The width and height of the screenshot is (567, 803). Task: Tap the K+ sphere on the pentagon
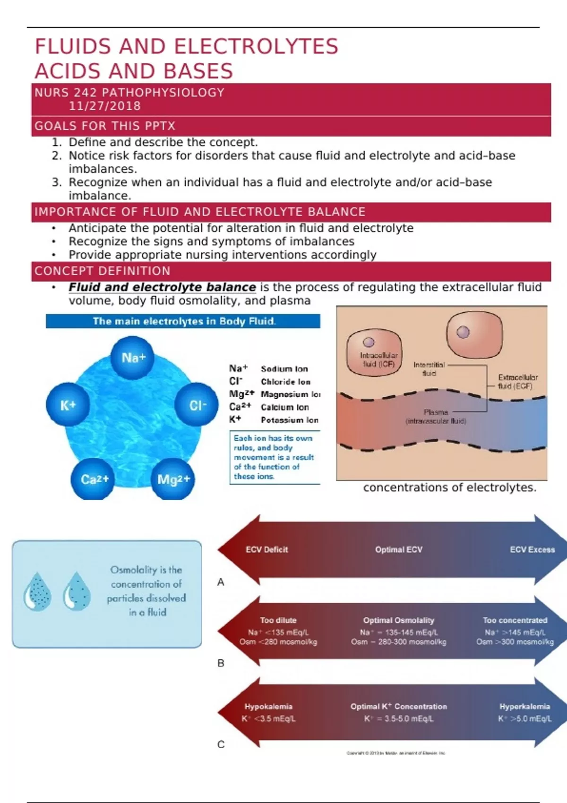68,405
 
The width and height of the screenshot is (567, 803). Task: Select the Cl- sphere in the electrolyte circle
198,405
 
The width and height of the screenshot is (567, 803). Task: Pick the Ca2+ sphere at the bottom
94,479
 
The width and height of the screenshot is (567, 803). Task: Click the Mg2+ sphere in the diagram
173,479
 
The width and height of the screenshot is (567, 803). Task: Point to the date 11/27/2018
105,106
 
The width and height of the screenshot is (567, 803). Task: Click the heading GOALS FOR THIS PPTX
105,126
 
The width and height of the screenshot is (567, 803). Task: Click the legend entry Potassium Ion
289,420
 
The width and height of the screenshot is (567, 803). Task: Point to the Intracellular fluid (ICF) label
378,359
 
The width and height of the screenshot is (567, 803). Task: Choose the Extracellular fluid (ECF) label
517,382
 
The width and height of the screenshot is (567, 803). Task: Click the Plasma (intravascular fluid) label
436,417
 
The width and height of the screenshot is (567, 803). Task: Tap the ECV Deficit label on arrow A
266,550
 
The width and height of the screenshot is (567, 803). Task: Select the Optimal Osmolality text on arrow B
398,620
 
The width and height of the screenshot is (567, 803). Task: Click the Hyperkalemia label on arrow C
524,707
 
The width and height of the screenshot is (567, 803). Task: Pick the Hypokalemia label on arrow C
268,707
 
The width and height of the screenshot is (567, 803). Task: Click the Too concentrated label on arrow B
515,620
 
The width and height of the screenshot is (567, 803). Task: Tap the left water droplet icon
37,592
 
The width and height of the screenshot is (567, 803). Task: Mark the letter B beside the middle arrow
221,663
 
